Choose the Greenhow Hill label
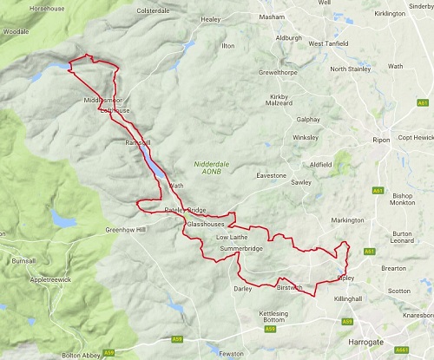pyautogui.click(x=128, y=230)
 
